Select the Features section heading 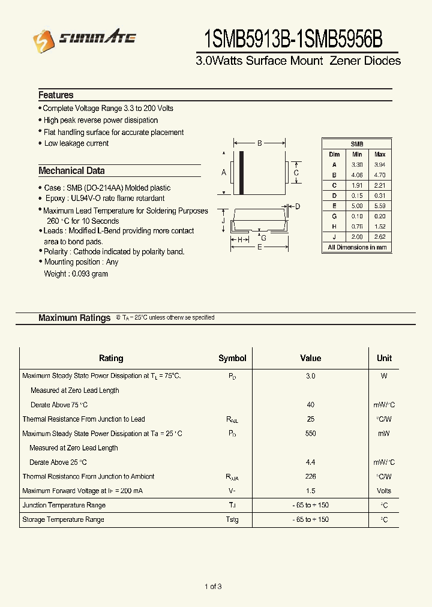tap(56, 95)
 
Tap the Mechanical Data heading tap(71, 171)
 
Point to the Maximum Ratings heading tap(74, 318)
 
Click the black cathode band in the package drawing tap(242, 173)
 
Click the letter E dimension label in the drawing tap(259, 247)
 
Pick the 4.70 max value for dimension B tap(379, 175)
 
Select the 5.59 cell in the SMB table tap(379, 206)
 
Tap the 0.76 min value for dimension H tap(357, 227)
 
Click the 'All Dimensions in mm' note tap(357, 247)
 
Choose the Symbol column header tap(232, 358)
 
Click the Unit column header tap(384, 358)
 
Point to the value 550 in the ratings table tap(310, 434)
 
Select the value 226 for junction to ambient tap(310, 477)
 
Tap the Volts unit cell tap(384, 491)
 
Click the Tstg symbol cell tap(232, 519)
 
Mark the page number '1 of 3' tap(213, 587)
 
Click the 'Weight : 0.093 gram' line tap(76, 274)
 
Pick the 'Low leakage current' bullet tap(76, 144)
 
